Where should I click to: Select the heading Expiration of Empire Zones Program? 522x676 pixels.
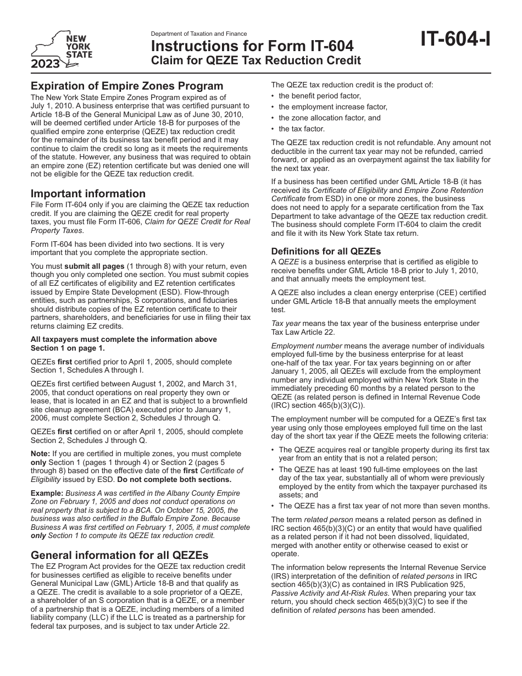click(x=127, y=86)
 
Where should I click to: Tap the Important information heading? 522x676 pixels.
click(x=88, y=193)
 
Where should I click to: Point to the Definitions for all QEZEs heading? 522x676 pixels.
click(x=326, y=251)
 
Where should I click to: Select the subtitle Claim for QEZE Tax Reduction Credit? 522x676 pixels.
click(x=256, y=60)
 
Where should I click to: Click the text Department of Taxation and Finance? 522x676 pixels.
click(x=199, y=34)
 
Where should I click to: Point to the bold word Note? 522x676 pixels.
click(x=41, y=454)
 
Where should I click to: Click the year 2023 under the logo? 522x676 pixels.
click(x=46, y=64)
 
